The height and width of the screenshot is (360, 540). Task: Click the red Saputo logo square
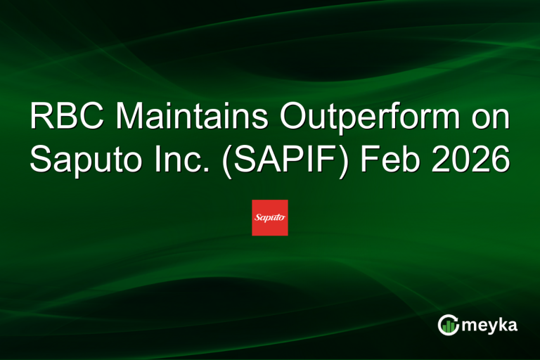click(x=270, y=217)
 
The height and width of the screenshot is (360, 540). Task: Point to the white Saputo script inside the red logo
click(x=270, y=218)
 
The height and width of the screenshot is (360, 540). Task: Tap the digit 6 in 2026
click(x=500, y=160)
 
